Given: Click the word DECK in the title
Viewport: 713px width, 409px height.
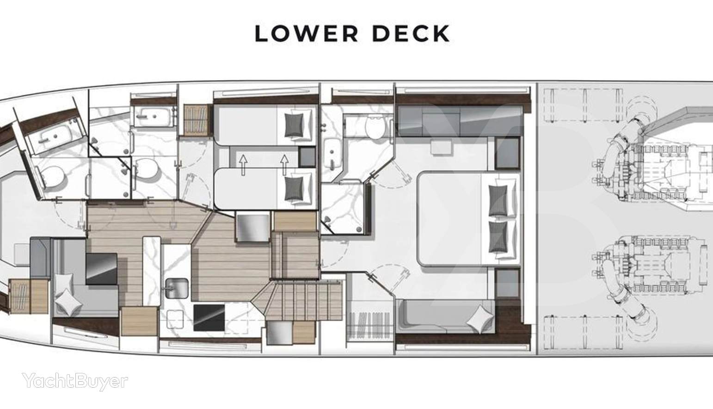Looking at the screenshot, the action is click(x=411, y=33).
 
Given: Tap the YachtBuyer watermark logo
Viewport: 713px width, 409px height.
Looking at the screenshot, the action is click(x=75, y=381).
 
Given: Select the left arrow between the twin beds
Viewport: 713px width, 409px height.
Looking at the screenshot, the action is click(x=243, y=165).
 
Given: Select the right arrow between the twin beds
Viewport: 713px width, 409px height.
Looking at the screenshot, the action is click(x=284, y=165).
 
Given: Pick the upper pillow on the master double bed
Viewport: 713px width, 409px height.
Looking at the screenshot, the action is click(x=498, y=200).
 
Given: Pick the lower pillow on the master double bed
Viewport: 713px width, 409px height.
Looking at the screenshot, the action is click(x=498, y=237).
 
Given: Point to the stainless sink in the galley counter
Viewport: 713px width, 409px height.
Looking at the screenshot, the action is click(x=176, y=288).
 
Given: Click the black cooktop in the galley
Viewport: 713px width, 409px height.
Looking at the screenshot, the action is click(x=209, y=317).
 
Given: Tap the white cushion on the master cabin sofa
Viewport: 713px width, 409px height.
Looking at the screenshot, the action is click(x=480, y=320).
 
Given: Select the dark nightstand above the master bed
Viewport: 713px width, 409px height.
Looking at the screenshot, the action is click(x=507, y=153).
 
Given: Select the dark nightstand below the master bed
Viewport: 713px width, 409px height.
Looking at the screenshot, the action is click(x=507, y=284).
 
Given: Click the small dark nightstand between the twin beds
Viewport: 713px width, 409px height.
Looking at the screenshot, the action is click(x=307, y=157).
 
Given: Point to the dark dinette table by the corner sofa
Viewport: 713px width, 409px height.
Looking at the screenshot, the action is click(x=101, y=269).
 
